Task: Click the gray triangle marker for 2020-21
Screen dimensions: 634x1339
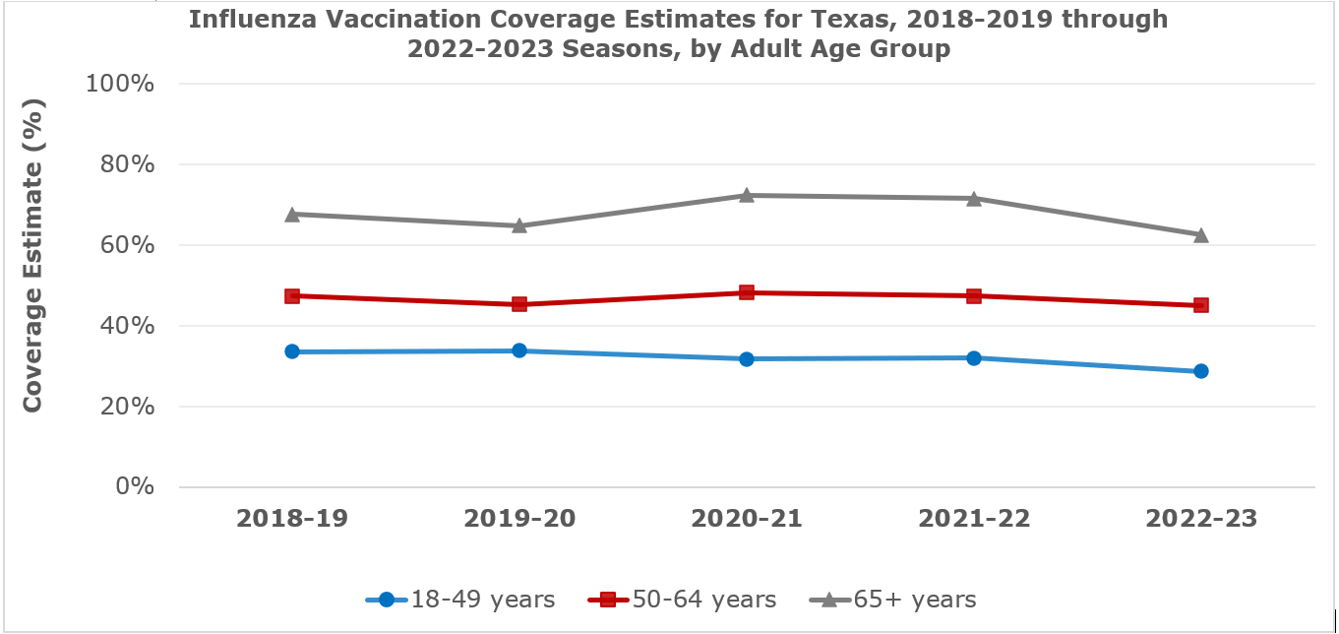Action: pos(747,195)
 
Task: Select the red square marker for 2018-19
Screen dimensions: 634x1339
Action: pos(292,295)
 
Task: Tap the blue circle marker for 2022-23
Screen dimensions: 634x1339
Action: pos(1200,371)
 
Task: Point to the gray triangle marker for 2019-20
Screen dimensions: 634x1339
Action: pos(519,225)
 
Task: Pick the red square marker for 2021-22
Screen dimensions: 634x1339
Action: pos(973,295)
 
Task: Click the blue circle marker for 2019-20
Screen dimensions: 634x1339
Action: pos(519,350)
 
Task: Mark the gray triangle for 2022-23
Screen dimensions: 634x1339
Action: pos(1200,234)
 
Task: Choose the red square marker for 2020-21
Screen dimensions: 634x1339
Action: pos(747,292)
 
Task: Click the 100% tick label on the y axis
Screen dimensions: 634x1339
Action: pos(121,84)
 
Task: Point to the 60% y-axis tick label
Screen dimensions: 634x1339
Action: pos(127,245)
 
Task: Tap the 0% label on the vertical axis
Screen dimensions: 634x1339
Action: pos(135,487)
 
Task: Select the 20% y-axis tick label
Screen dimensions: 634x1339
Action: pos(127,407)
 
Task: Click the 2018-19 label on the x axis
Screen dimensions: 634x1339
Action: pos(292,519)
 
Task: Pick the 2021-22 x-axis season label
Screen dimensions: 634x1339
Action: pos(973,519)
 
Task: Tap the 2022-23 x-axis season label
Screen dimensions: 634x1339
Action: pos(1200,519)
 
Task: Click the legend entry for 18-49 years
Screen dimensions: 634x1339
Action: pos(460,600)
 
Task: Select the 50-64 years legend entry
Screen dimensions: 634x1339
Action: pos(682,600)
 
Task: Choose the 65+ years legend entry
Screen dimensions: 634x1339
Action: pos(892,600)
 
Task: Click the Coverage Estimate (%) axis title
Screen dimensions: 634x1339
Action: pos(32,254)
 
